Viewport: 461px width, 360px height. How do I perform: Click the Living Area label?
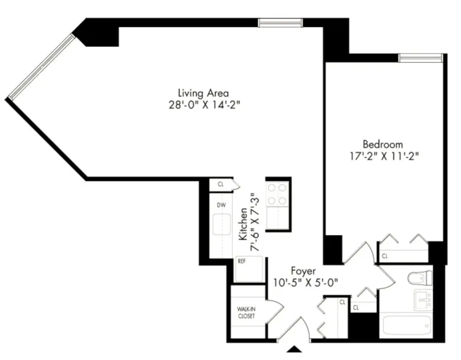(x=203, y=93)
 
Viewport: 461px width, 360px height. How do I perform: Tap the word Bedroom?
(x=382, y=144)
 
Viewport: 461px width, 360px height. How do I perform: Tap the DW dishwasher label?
(x=221, y=205)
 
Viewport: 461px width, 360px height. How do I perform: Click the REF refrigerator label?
(x=242, y=260)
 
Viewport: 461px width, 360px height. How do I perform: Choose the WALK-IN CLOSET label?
(x=246, y=313)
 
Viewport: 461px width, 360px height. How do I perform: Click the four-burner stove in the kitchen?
(x=277, y=194)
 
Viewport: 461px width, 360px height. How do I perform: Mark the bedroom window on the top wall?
(x=420, y=58)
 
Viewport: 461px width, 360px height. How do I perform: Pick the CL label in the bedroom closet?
(x=385, y=256)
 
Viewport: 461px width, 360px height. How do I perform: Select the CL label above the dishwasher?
(x=220, y=184)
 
